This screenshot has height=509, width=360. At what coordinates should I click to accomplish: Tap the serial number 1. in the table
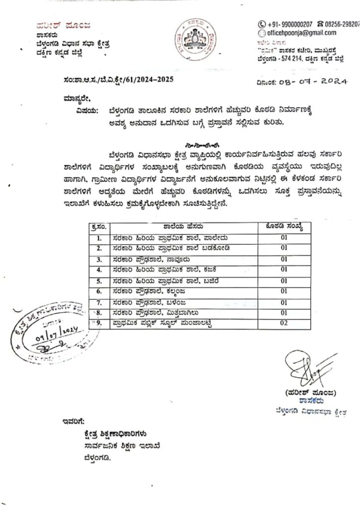click(99, 238)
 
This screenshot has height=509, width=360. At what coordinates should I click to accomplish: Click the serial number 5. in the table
click(99, 280)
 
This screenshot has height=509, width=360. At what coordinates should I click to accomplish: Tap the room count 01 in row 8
click(284, 313)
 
